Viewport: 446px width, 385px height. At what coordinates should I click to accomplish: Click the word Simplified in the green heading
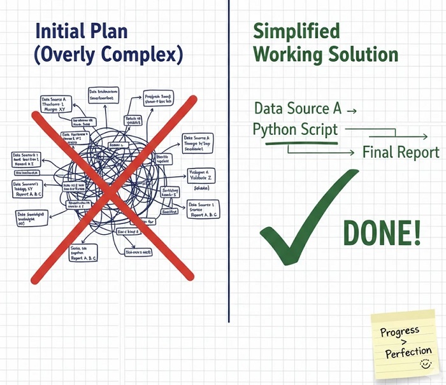[x=296, y=31]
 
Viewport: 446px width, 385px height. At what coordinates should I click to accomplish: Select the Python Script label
[x=295, y=129]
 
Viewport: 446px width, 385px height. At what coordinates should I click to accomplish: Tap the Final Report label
[x=401, y=152]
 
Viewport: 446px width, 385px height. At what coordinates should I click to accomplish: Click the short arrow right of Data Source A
[x=350, y=110]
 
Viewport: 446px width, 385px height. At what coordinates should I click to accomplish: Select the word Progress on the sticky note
[x=399, y=331]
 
